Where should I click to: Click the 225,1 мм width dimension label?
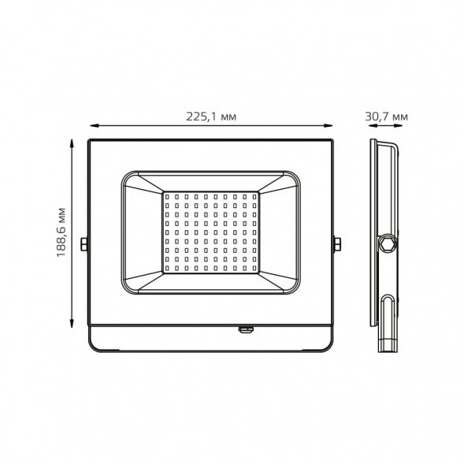pyautogui.click(x=211, y=117)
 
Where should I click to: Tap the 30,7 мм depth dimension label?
pyautogui.click(x=386, y=117)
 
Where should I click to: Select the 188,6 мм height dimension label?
pyautogui.click(x=61, y=232)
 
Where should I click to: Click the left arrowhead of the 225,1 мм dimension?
pyautogui.click(x=94, y=126)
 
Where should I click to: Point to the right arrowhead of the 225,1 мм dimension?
pyautogui.click(x=329, y=126)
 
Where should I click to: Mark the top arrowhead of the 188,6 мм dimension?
pyautogui.click(x=72, y=144)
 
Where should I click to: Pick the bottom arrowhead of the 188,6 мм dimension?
pyautogui.click(x=72, y=323)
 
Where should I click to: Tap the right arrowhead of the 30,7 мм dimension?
pyautogui.click(x=399, y=126)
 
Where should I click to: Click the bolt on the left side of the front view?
pyautogui.click(x=84, y=244)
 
